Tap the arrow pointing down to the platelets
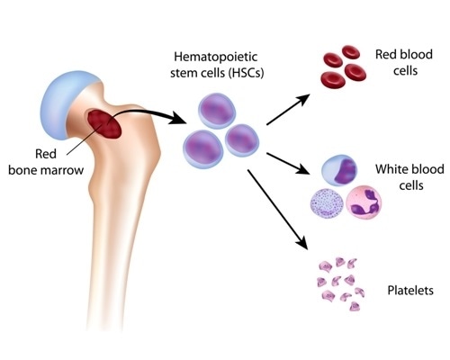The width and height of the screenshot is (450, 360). coord(279,208)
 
